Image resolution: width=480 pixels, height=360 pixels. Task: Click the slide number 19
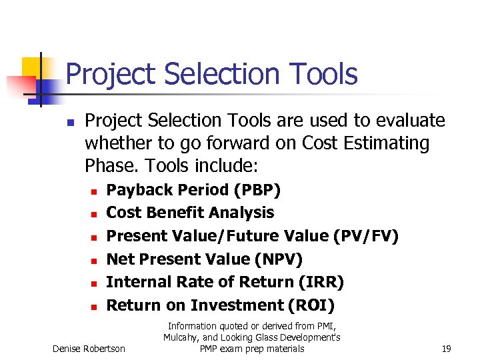tap(447, 349)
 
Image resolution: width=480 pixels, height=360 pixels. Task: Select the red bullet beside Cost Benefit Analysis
tap(94, 214)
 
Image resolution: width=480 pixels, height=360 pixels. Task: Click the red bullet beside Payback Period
tap(94, 191)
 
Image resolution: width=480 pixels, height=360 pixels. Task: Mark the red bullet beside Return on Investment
tap(94, 307)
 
